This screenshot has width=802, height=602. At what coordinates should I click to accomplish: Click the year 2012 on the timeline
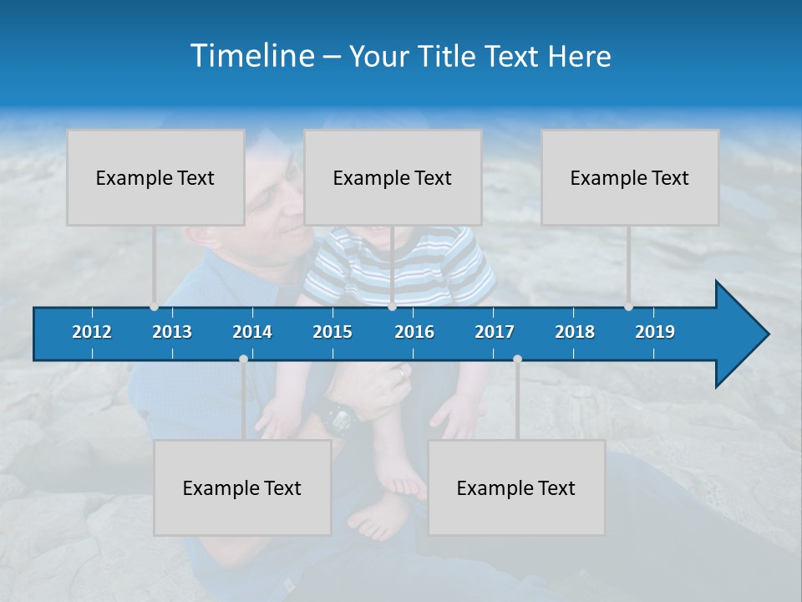tap(92, 332)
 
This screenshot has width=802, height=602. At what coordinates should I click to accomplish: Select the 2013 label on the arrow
tap(172, 332)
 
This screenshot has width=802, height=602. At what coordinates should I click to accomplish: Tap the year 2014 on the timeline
tap(252, 332)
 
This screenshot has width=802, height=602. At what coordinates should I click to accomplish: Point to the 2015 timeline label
tap(332, 332)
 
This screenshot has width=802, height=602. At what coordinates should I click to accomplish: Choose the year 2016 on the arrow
tap(414, 332)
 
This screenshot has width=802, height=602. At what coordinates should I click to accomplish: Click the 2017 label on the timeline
tap(495, 332)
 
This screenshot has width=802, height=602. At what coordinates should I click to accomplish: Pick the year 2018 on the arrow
tap(575, 332)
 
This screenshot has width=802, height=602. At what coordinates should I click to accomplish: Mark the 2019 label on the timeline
tap(655, 332)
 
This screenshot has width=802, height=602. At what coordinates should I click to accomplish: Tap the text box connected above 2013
tap(155, 177)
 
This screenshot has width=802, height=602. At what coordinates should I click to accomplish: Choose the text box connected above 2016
tap(393, 177)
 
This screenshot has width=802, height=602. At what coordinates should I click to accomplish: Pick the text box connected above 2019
tap(630, 177)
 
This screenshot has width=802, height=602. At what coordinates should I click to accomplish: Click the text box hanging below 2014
tap(242, 487)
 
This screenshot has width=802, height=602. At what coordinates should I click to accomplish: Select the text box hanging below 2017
tap(516, 487)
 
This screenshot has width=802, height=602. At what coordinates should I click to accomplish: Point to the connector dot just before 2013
tap(155, 307)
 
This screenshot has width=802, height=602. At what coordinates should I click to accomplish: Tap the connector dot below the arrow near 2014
tap(243, 359)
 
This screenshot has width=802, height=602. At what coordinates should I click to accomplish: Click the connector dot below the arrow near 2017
tap(517, 359)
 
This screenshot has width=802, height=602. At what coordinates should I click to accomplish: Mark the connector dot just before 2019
tap(629, 307)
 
